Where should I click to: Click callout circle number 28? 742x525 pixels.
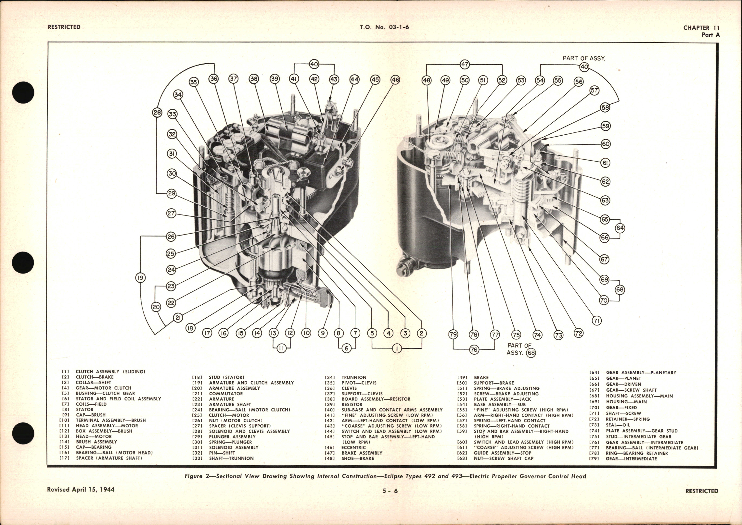157,113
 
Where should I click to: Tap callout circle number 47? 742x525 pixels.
465,64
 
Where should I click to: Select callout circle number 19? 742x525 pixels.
140,277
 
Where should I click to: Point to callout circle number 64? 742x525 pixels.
620,228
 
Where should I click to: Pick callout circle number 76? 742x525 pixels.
474,349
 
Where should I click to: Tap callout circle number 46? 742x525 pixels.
395,79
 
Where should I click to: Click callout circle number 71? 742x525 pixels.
597,321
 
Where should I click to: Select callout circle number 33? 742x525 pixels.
172,114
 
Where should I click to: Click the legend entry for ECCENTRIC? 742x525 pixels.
353,447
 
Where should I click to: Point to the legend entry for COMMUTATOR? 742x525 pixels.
226,394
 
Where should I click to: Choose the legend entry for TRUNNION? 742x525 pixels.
354,377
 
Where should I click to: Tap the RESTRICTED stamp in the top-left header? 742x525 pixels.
64,27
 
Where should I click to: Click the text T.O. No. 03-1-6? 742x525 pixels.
384,27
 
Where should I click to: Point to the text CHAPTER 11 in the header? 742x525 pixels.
701,28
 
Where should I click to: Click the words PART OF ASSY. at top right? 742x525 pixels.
584,58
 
